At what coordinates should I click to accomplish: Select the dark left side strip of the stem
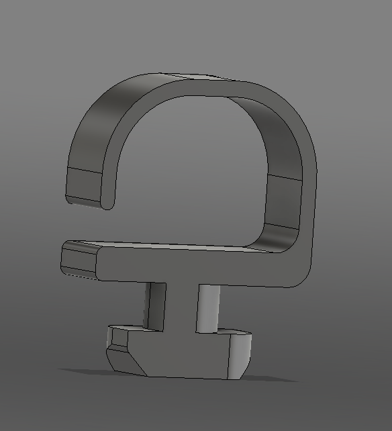156,305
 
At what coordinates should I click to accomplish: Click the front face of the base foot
188,356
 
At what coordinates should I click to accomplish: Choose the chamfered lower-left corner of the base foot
124,359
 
